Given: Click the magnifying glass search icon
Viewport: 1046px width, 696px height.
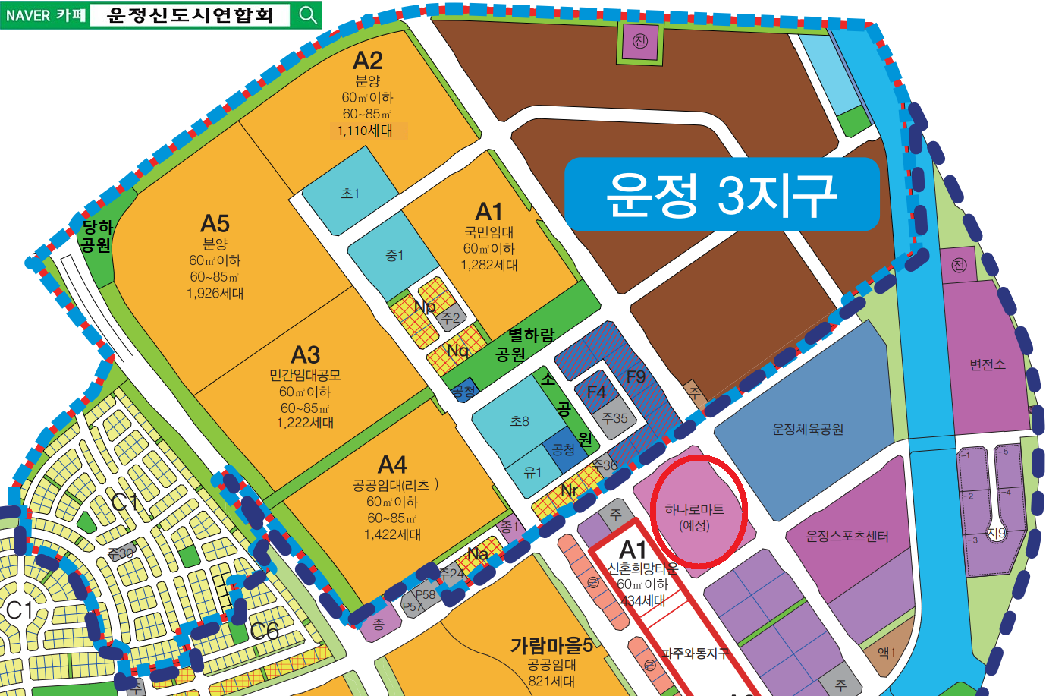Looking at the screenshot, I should point(307,14).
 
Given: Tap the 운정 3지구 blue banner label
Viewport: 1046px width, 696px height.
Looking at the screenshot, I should point(721,194).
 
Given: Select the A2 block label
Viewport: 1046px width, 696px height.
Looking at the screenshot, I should point(368,61).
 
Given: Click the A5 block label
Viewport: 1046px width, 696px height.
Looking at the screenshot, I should point(215,224).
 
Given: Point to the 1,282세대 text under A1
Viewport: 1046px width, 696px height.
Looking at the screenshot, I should point(489,265).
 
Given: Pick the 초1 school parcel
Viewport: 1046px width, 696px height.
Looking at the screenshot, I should point(350,194).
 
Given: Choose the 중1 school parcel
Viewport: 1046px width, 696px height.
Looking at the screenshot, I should point(394,256).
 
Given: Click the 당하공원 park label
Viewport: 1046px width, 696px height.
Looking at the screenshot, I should point(96,236).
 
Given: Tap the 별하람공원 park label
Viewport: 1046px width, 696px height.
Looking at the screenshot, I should point(524,344).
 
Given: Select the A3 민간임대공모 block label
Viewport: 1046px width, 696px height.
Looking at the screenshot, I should point(306,355).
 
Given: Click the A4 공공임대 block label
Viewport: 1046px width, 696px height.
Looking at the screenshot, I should point(392,465).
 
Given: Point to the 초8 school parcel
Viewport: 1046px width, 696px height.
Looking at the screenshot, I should point(520,421).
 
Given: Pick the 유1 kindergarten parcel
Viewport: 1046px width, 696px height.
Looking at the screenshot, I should point(533,472).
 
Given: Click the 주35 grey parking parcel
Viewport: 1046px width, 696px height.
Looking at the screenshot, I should point(614,418).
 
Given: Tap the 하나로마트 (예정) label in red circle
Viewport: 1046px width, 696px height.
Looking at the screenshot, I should point(694,517).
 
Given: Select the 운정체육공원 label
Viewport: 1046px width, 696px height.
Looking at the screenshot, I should point(807,430).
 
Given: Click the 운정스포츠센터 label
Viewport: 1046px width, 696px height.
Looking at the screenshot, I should point(847,536).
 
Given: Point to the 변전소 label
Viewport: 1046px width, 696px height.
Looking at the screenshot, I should point(987,364).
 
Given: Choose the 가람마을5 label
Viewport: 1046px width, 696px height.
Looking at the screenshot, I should point(551,646).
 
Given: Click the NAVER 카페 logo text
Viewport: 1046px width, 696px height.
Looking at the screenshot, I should point(46,15).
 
